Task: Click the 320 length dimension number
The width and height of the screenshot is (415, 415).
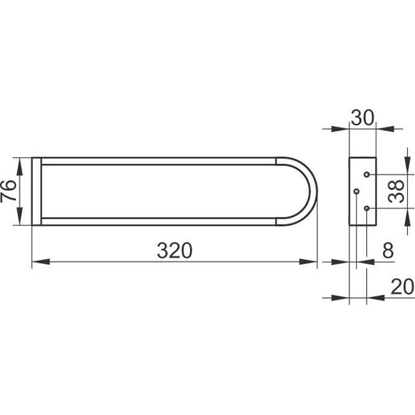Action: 175,250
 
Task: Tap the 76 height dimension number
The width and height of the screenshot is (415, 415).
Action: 8,191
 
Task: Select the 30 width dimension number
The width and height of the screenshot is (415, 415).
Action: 363,118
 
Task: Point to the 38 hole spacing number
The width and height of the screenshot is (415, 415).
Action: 396,191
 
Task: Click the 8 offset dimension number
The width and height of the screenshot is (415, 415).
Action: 388,250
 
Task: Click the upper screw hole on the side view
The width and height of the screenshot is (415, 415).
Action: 366,175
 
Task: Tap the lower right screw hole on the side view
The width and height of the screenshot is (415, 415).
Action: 366,208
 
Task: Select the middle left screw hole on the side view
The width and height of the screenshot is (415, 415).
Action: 357,191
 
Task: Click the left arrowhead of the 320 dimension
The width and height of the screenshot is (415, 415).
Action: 41,262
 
